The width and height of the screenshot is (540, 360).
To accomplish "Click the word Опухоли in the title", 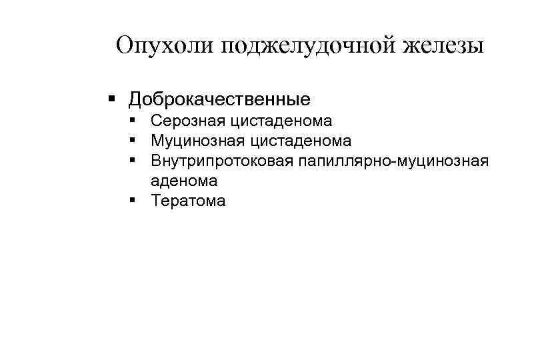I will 163,46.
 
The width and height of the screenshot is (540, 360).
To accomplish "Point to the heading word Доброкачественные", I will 219,100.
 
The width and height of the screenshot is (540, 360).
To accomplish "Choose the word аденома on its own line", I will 184,181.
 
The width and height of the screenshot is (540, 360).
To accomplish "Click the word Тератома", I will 189,201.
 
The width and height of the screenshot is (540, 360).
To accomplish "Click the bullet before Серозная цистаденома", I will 135,121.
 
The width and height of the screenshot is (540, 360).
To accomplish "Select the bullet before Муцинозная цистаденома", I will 135,141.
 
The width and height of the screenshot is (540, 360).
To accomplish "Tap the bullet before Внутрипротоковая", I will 135,161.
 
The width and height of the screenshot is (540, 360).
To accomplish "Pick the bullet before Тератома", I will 135,201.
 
